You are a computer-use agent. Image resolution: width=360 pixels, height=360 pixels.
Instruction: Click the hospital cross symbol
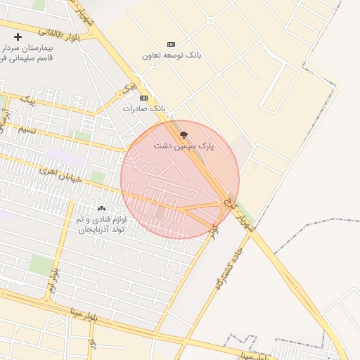coord(18,36)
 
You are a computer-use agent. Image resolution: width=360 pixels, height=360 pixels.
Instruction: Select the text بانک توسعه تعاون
coord(169,55)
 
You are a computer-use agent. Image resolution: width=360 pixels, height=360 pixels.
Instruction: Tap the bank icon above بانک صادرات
coord(144,98)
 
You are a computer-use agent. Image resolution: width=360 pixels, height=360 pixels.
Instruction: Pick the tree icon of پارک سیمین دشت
coord(184,134)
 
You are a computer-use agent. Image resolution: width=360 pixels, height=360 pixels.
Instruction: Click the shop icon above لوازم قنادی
coord(102,208)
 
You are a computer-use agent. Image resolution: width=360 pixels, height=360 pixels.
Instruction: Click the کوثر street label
coord(214,229)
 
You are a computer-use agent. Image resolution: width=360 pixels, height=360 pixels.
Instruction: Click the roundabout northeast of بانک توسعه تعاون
coord(210,20)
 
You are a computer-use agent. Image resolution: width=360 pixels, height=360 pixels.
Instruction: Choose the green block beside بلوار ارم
coord(41,266)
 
